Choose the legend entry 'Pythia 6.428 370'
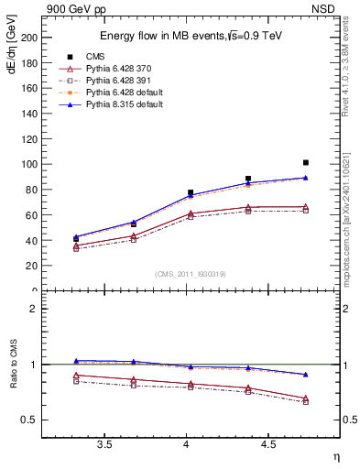[x=122, y=69]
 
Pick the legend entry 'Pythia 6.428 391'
[x=122, y=81]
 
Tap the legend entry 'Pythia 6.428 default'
[x=126, y=93]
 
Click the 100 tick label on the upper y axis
[x=29, y=165]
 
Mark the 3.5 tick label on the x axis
[x=104, y=445]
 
